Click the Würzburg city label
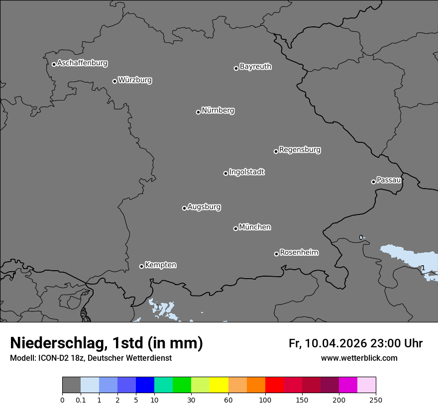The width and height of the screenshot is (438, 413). pyautogui.click(x=135, y=80)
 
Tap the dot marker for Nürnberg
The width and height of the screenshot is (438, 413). pyautogui.click(x=198, y=112)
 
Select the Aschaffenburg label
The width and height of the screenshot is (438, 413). pyautogui.click(x=82, y=63)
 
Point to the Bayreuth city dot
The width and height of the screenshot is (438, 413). pyautogui.click(x=236, y=68)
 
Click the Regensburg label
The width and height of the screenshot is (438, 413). pyautogui.click(x=300, y=150)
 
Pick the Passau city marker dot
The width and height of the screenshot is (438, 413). pyautogui.click(x=373, y=182)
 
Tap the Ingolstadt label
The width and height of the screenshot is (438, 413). pyautogui.click(x=246, y=172)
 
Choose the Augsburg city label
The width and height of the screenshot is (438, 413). pyautogui.click(x=204, y=207)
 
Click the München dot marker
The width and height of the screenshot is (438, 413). pyautogui.click(x=235, y=228)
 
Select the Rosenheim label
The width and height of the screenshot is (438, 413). pyautogui.click(x=299, y=253)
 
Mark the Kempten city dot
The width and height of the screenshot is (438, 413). pyautogui.click(x=141, y=266)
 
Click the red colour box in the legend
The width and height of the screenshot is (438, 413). pyautogui.click(x=274, y=385)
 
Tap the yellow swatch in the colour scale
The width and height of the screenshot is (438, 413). pyautogui.click(x=219, y=385)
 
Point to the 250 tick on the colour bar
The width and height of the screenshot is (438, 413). pyautogui.click(x=376, y=399)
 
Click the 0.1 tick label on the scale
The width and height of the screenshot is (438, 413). pyautogui.click(x=81, y=399)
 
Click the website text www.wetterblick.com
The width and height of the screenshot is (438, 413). pyautogui.click(x=359, y=358)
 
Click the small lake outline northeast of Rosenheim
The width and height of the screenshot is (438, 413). pyautogui.click(x=361, y=237)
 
